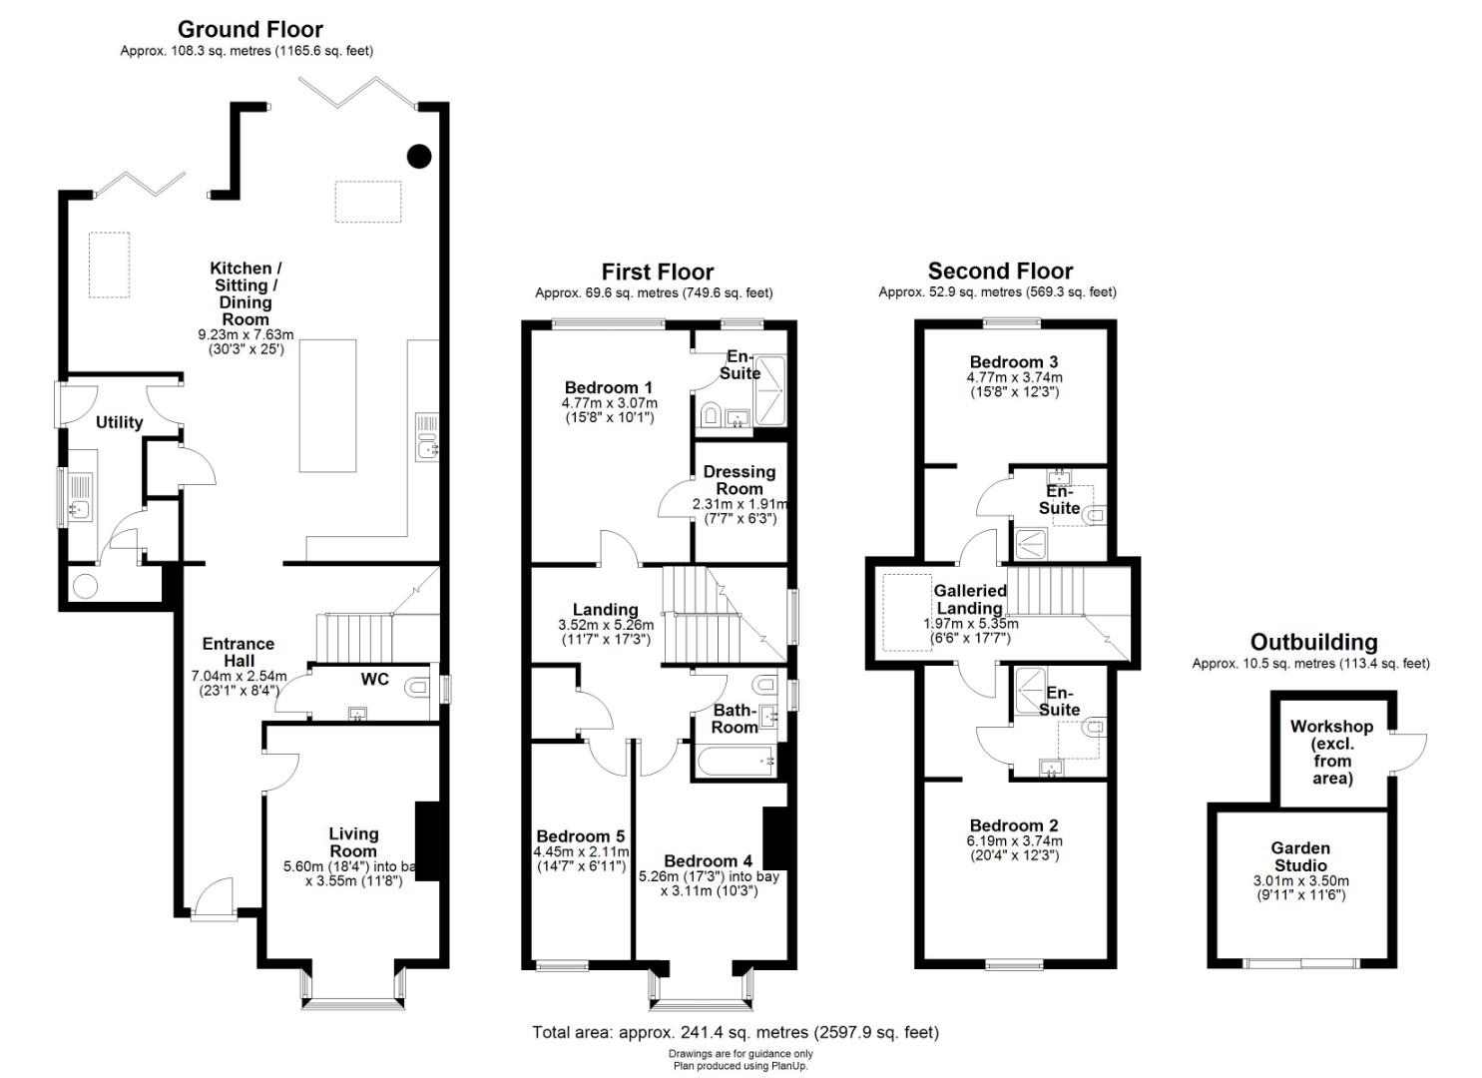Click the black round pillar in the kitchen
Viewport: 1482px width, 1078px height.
pos(419,156)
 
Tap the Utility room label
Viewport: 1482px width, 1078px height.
pos(119,422)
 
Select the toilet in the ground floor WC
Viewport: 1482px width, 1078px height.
pos(419,688)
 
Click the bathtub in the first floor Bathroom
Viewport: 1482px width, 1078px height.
pos(735,761)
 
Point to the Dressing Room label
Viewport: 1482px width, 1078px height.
pos(740,480)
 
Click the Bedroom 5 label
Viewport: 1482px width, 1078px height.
pos(580,835)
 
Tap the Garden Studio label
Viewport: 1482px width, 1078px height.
pos(1300,856)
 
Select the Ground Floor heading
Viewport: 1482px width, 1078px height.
pos(250,29)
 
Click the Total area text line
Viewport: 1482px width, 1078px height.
pos(736,1032)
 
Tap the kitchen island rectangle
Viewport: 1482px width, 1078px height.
pos(327,405)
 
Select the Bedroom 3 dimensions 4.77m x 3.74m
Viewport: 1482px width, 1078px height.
pos(1014,377)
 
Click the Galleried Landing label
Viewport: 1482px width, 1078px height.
pos(970,599)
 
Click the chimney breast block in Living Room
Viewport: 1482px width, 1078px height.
pos(427,841)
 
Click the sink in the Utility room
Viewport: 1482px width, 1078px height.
pos(80,509)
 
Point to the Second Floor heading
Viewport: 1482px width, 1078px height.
pos(1000,270)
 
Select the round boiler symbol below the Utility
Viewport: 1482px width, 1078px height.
pos(86,585)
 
